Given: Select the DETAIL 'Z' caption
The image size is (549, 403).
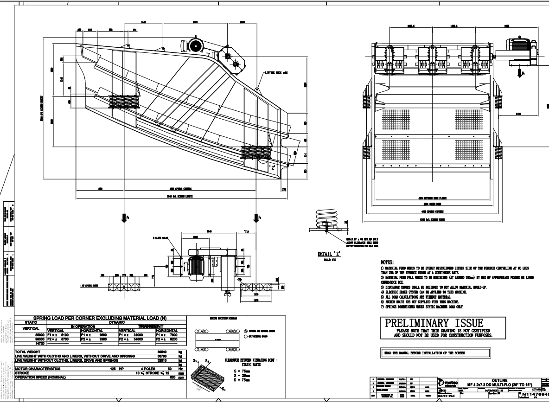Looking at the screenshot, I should click(329, 254).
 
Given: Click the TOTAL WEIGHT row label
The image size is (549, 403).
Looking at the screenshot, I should click(30, 352).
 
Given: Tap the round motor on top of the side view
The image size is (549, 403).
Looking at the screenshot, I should click(195, 45).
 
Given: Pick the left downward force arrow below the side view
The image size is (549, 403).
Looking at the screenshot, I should click(124, 218).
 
